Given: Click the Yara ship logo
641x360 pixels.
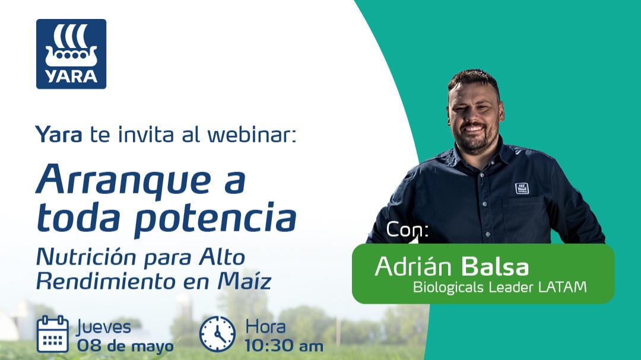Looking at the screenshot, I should click(71, 54).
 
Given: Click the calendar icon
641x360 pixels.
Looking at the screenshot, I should click(52, 334).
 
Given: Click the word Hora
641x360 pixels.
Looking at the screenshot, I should click(265, 326).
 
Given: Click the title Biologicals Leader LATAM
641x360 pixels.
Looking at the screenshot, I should click(500, 288).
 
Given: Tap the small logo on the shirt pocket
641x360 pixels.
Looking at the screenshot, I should click(521, 188).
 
